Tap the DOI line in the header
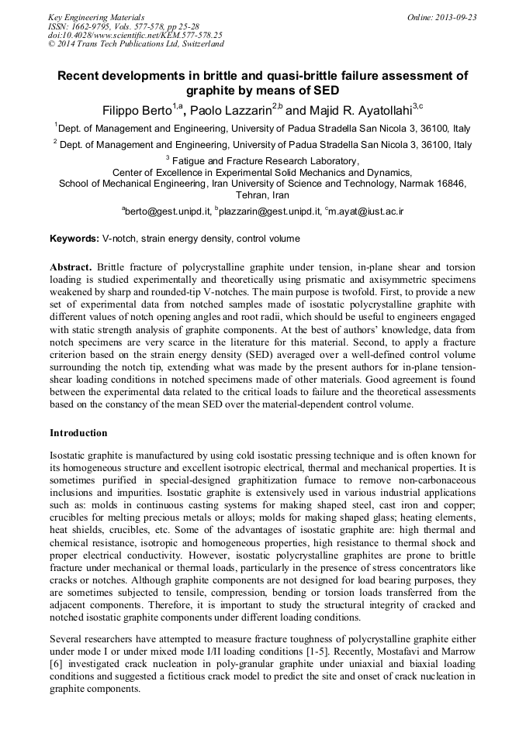click(135, 35)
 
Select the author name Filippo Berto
click(137, 108)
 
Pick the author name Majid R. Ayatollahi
click(353, 108)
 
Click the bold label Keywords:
click(74, 239)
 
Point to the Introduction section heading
click(78, 433)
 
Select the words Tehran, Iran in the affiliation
click(262, 195)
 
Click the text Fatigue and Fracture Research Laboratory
click(267, 160)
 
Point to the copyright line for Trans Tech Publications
click(136, 44)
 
